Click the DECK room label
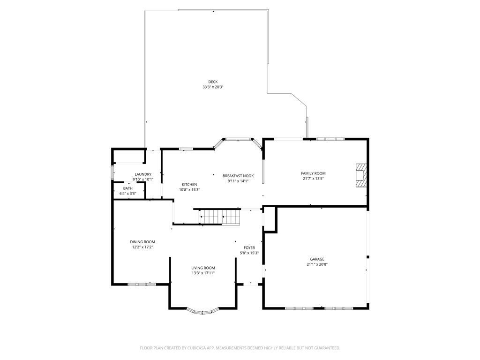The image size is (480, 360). (213, 82)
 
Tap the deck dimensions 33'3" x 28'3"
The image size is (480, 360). (213, 87)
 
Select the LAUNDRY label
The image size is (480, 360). (142, 174)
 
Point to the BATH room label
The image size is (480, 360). (127, 188)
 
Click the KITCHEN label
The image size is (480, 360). (189, 184)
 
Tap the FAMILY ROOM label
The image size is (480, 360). (313, 173)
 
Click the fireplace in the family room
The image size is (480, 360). (361, 175)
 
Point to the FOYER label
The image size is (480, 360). (249, 247)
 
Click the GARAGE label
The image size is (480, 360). (317, 259)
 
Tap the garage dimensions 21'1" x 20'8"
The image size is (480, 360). (317, 264)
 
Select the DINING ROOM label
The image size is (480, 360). (142, 242)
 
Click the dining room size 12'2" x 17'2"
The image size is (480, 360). (142, 247)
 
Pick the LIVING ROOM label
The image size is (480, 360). (203, 268)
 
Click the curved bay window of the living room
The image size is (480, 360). (202, 311)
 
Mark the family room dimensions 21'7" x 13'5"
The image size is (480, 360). (313, 178)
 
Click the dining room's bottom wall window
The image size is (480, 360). (142, 284)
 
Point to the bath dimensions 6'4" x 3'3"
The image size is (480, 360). (127, 193)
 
